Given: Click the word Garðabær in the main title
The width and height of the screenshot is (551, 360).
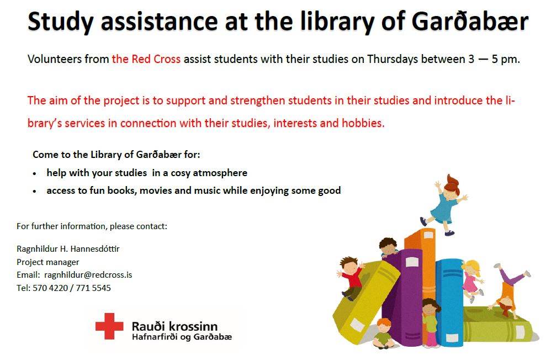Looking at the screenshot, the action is tap(470, 22).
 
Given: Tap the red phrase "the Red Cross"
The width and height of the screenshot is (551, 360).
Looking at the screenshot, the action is tap(146, 59).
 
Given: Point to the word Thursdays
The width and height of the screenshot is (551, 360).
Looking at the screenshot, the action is tap(393, 60).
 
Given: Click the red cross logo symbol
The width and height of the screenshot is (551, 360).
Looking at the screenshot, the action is tap(109, 326).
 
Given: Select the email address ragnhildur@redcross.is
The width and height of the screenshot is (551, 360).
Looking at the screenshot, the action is tap(88, 275).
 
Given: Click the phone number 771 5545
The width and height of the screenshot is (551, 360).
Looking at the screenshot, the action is tap(93, 288).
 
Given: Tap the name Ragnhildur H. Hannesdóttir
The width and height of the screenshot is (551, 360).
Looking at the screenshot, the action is tap(68, 249).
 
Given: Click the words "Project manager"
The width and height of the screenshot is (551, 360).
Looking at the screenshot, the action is tap(48, 262).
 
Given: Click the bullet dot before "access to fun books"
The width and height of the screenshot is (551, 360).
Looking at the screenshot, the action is tap(34, 192).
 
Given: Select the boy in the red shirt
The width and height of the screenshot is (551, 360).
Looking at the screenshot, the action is tap(351, 277).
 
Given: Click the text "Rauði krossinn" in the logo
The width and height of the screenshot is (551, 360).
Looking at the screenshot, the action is tap(174, 326).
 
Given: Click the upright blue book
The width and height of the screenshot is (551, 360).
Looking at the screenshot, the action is tap(450, 303).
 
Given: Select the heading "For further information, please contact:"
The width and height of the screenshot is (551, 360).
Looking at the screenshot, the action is tap(92, 226).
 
